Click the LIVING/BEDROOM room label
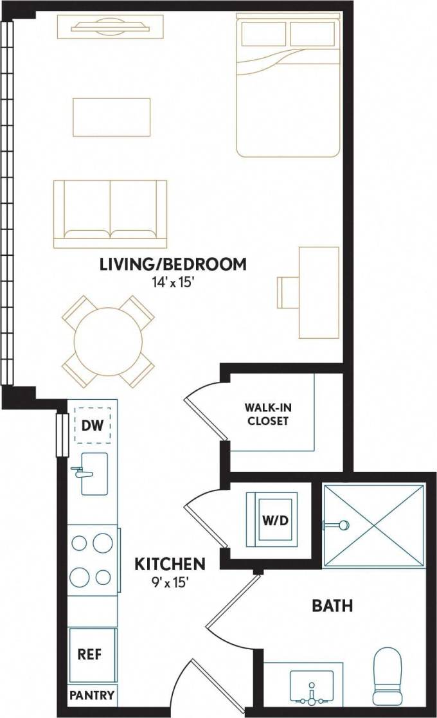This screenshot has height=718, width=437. pos(173,264)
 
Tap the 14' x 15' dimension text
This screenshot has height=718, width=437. pos(173,282)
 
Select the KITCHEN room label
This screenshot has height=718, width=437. pos(170,564)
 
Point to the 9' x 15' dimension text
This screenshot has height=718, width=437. pos(170,582)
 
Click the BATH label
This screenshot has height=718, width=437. pos(332,606)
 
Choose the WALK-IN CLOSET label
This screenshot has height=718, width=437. pos(266,415)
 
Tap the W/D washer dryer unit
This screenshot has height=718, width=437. pos(272,519)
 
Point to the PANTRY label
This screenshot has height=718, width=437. pos(93,695)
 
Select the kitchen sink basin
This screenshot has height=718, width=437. pos(94,473)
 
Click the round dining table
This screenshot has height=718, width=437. pos(109,341)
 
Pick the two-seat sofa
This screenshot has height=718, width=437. pos(110,214)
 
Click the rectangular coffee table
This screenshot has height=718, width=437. pos(111,117)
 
